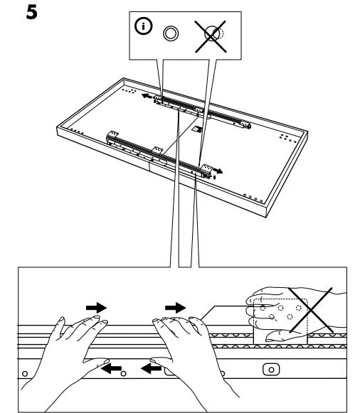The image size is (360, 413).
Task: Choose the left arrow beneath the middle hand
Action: tap(149, 368)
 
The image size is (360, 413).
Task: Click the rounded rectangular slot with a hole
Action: tap(270, 369)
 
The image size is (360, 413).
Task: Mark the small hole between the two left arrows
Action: tap(124, 373)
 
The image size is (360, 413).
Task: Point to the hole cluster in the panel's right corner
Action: tap(285, 136)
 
